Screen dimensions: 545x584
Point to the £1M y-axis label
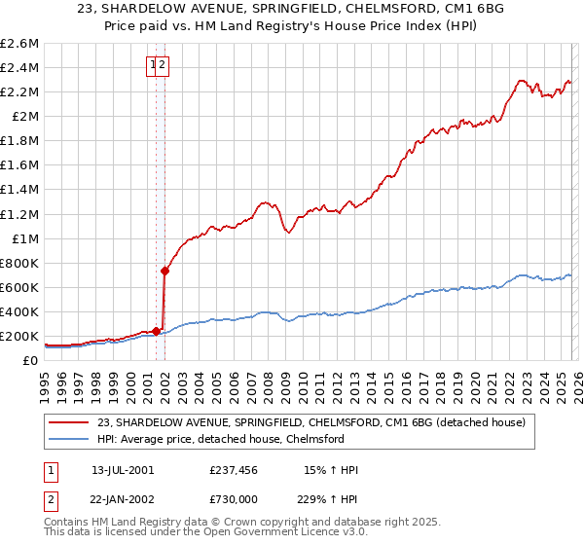point(23,238)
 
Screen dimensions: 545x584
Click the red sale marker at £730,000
point(165,271)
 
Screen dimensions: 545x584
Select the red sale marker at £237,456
point(157,331)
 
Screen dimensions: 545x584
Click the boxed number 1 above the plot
point(154,65)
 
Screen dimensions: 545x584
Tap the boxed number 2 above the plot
point(164,65)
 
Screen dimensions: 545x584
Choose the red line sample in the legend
point(68,422)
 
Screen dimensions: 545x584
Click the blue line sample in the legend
point(68,439)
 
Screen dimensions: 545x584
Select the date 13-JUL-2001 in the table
point(123,470)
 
